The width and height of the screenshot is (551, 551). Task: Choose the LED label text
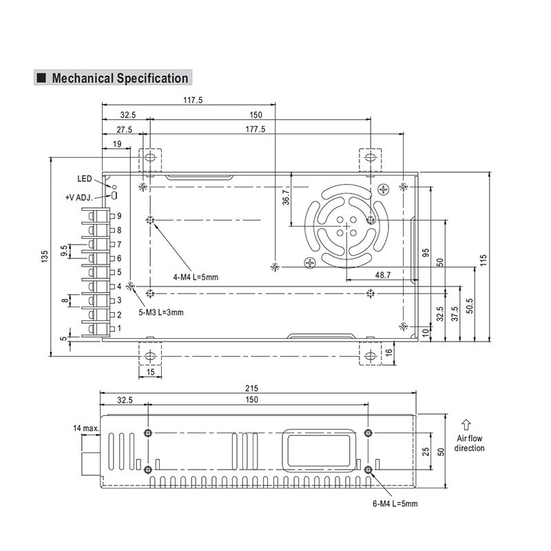tap(84, 178)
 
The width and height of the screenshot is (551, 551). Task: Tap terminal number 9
tap(119, 216)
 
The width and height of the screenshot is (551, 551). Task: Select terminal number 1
tap(119, 329)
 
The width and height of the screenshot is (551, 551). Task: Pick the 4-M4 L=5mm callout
tap(196, 277)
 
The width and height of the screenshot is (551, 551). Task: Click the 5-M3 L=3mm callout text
tap(160, 312)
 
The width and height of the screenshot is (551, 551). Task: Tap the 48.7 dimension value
tap(383, 275)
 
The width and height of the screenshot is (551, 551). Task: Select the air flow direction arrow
tap(466, 424)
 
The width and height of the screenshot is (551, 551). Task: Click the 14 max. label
tap(87, 428)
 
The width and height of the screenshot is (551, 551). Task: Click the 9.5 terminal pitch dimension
tap(64, 251)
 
